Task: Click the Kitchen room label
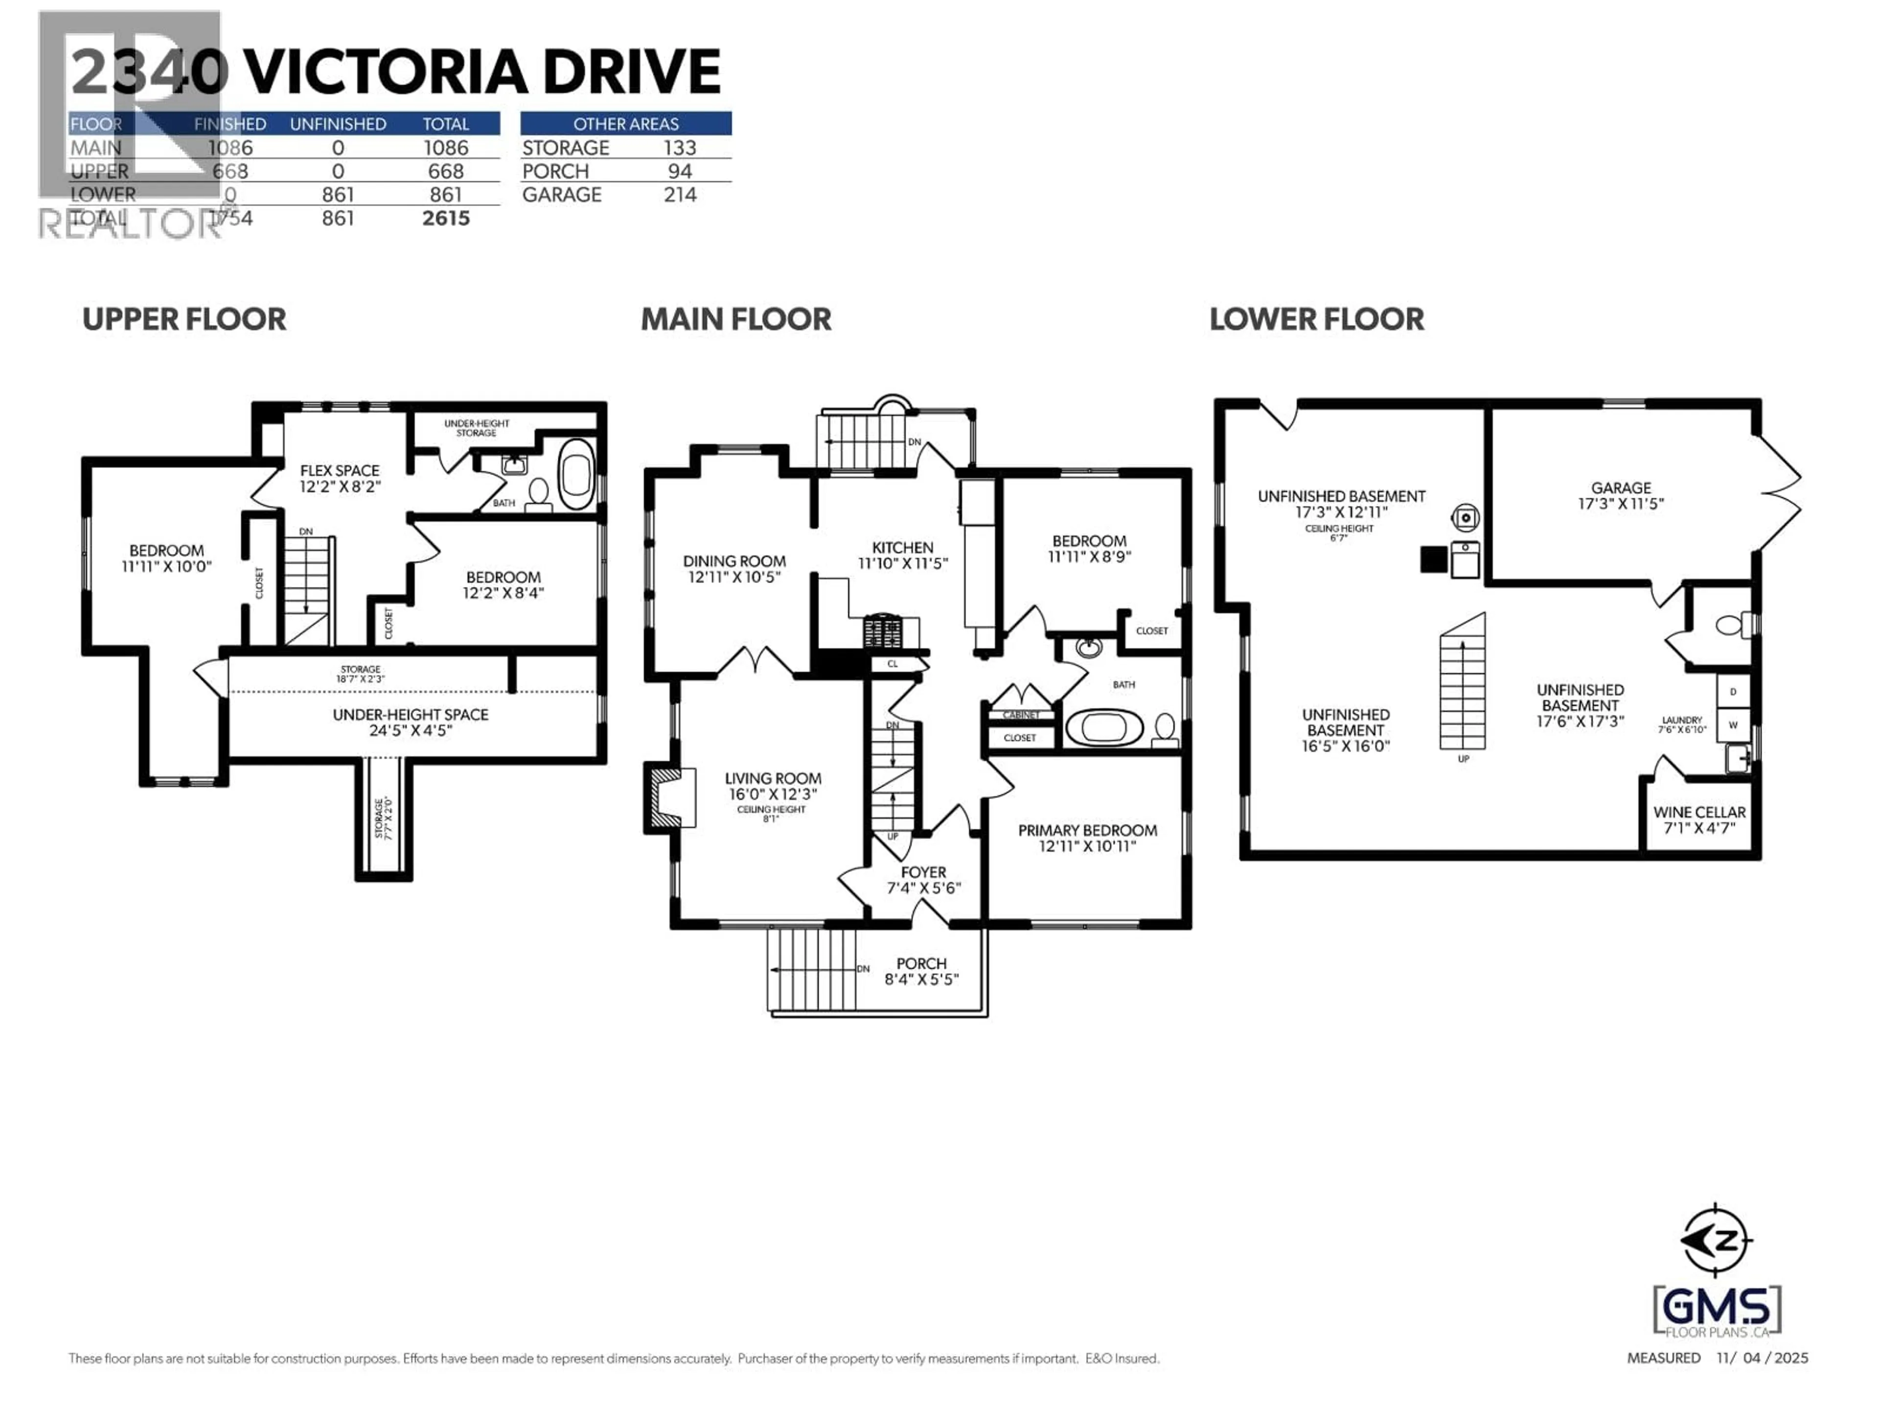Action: click(x=902, y=548)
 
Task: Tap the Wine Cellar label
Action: click(x=1699, y=812)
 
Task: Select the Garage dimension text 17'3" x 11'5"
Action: click(x=1620, y=503)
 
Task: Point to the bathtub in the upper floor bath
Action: click(x=577, y=474)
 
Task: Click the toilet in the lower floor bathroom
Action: click(x=1730, y=626)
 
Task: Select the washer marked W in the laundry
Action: click(x=1733, y=725)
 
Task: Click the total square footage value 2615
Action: click(x=446, y=218)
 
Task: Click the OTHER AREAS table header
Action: click(x=625, y=124)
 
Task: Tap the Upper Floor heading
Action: click(x=184, y=319)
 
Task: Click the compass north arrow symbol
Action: click(x=1716, y=1241)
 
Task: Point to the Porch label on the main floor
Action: click(x=921, y=963)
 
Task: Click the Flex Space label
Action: click(x=339, y=471)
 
